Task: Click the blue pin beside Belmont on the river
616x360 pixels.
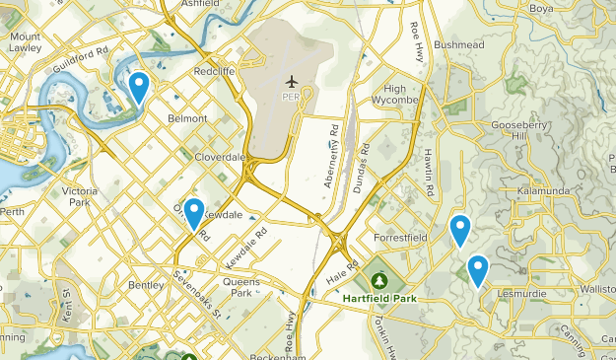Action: pos(139,88)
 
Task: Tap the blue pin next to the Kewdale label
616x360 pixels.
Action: pos(194,213)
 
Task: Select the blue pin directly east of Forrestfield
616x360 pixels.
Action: pos(459,230)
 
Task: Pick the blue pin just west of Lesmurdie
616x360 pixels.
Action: pos(478,269)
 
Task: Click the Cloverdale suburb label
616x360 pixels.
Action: pos(220,156)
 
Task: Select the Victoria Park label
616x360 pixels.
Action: pos(79,195)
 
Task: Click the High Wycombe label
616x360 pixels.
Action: pos(395,95)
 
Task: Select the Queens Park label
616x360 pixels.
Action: pos(240,287)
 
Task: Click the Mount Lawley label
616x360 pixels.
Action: pos(25,40)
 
